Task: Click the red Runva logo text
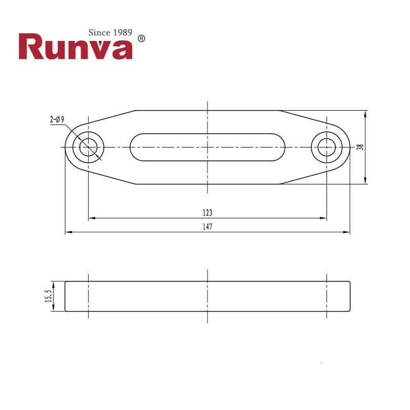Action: click(x=76, y=47)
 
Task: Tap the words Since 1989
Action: click(x=111, y=33)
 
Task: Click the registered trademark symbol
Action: click(x=142, y=38)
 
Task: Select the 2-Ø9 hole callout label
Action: click(x=57, y=119)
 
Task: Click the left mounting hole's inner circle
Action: click(x=89, y=148)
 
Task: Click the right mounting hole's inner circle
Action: click(x=326, y=148)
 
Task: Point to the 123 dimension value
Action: click(x=207, y=212)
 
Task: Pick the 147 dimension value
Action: click(x=207, y=227)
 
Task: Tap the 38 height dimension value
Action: click(x=360, y=147)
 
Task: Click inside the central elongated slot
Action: click(x=207, y=148)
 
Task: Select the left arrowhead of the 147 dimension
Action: click(x=68, y=233)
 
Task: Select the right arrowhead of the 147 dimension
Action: click(x=347, y=233)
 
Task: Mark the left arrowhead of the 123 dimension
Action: click(x=92, y=218)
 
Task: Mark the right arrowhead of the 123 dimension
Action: click(x=323, y=218)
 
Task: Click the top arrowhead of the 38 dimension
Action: click(x=365, y=113)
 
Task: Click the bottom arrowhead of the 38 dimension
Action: click(x=365, y=181)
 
